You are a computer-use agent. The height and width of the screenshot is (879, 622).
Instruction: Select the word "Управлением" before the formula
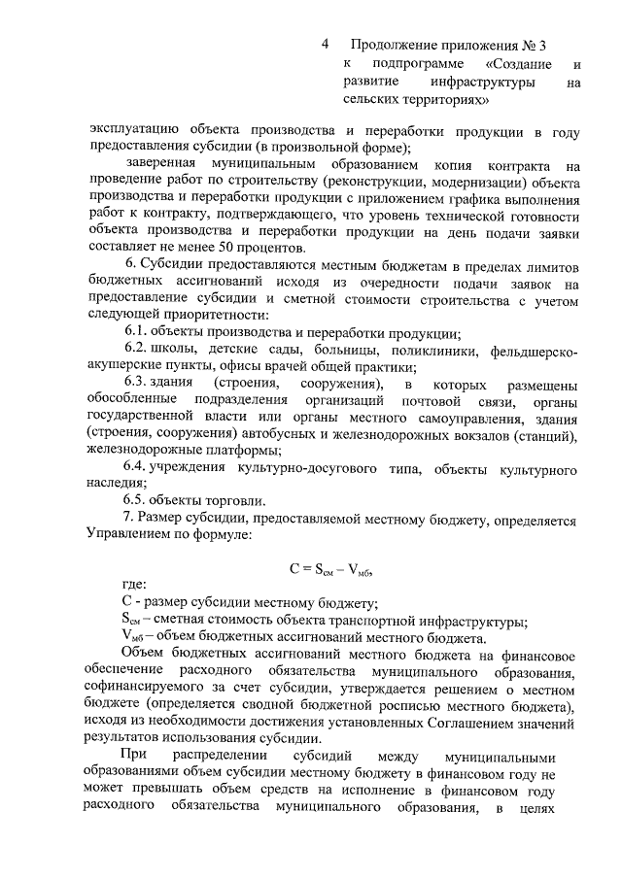[x=133, y=534]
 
